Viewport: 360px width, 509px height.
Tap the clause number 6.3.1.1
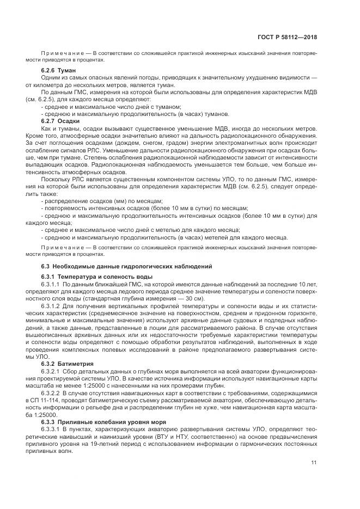point(51,284)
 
